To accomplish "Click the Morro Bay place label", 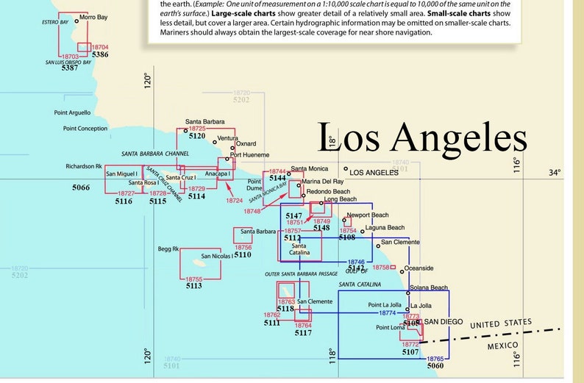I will point(93,16).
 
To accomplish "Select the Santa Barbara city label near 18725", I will point(204,121).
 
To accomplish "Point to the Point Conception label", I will point(85,129).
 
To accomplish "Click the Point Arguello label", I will point(72,113).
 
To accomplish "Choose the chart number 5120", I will point(196,136).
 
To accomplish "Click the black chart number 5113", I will point(193,286).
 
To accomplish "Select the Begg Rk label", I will point(168,248).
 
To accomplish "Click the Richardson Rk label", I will point(83,166).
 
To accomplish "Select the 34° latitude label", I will point(554,173).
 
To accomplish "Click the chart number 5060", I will point(435,365).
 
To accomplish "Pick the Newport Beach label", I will point(368,215).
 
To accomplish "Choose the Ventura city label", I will point(227,138).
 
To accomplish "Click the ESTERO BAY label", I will point(54,23).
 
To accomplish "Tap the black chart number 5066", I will point(81,188).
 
